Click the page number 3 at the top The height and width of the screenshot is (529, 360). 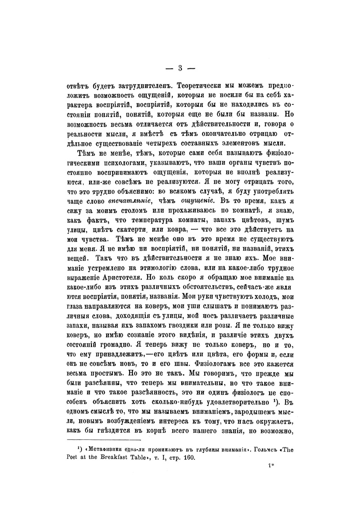[179, 68]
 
